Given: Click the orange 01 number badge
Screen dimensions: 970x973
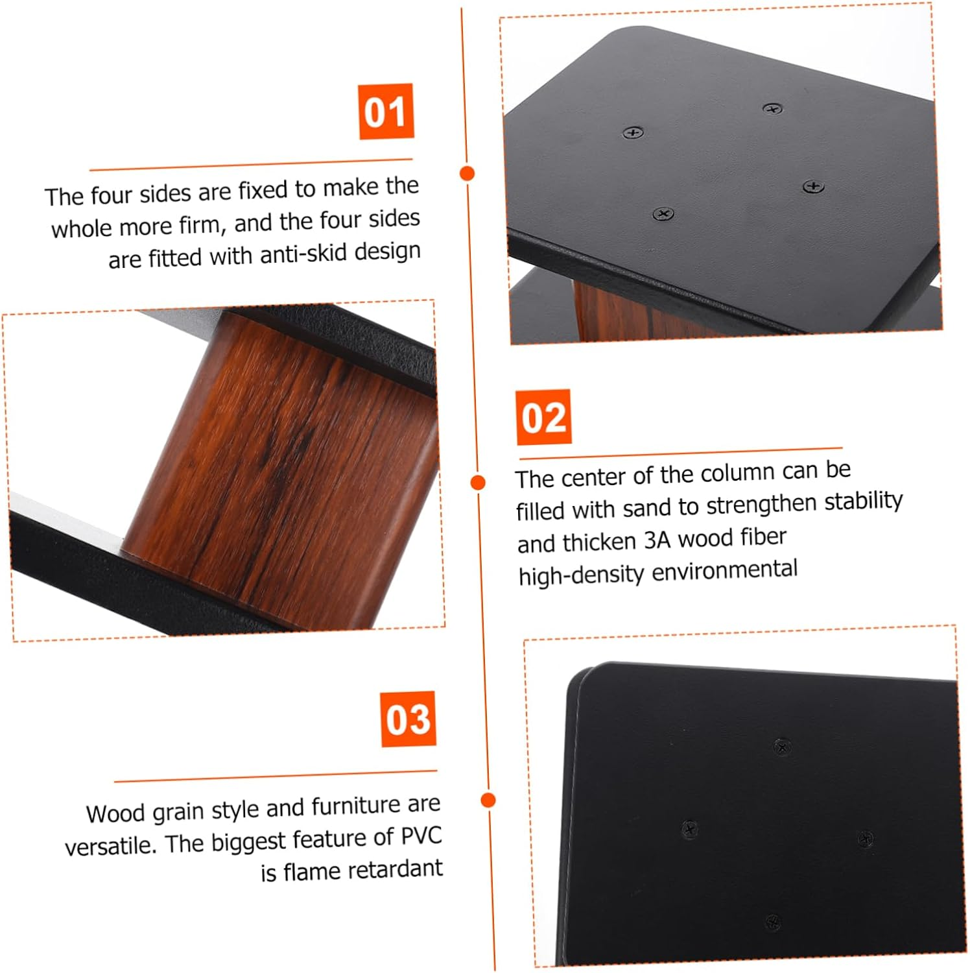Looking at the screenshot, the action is point(386,111).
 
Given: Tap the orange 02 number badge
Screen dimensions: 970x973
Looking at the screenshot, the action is point(544,417).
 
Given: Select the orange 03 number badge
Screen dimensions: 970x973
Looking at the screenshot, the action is point(408,719).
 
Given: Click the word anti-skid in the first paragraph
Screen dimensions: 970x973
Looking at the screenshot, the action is point(296,254).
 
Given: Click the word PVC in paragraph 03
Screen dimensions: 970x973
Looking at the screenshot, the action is point(421,836).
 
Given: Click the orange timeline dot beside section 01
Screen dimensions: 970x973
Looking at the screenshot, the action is point(467,173).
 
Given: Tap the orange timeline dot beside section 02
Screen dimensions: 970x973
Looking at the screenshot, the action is point(478,482).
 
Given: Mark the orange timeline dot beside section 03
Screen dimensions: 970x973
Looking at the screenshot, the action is point(488,799).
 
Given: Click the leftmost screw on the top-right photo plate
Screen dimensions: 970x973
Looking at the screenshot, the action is point(633,133).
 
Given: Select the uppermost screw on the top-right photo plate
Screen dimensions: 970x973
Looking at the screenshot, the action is point(772,108).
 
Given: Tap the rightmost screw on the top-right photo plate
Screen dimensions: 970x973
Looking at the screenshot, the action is point(813,187).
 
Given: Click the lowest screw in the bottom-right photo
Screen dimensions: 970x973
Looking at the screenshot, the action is point(772,921).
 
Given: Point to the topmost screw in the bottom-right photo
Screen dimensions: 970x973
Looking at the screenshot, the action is point(782,747).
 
